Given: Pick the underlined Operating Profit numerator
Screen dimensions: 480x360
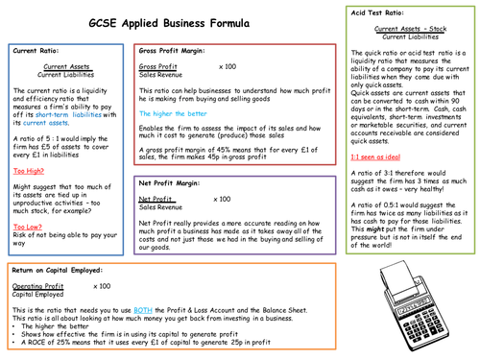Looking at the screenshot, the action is pos(37,286).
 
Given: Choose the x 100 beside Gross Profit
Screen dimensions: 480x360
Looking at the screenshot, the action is pos(228,66).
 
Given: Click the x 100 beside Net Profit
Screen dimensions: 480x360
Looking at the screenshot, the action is pos(222,198).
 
